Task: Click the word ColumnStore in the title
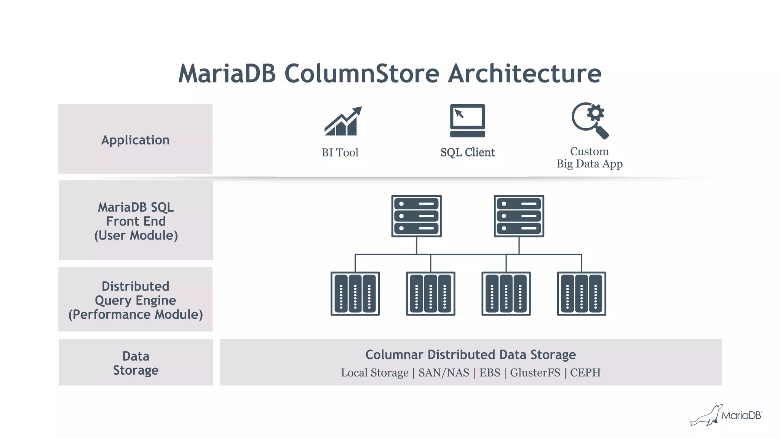[362, 73]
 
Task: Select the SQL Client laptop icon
[467, 120]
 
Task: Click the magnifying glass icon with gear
[590, 120]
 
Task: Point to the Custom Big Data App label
[589, 158]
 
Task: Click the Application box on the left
[135, 139]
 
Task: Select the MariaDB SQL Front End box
[136, 221]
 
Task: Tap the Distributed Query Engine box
[135, 300]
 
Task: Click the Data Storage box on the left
[136, 362]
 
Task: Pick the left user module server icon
[416, 216]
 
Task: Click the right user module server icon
[519, 216]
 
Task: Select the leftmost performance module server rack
[355, 294]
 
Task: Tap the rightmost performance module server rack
[581, 294]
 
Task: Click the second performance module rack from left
[430, 294]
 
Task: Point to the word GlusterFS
[535, 372]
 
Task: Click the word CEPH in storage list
[585, 372]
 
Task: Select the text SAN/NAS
[444, 372]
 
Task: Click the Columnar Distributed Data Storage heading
[470, 355]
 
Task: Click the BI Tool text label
[340, 153]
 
